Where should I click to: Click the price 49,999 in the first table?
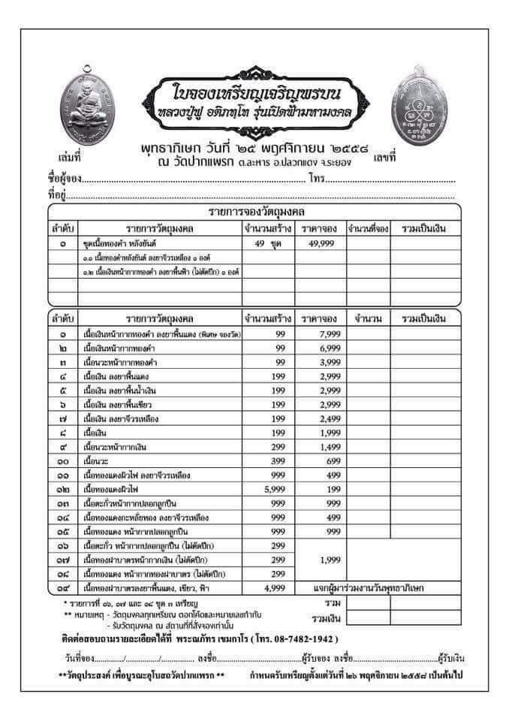click(x=319, y=244)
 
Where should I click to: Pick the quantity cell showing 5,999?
click(x=269, y=490)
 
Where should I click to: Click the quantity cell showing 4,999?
click(x=269, y=589)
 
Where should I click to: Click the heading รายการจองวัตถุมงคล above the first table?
click(x=256, y=211)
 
